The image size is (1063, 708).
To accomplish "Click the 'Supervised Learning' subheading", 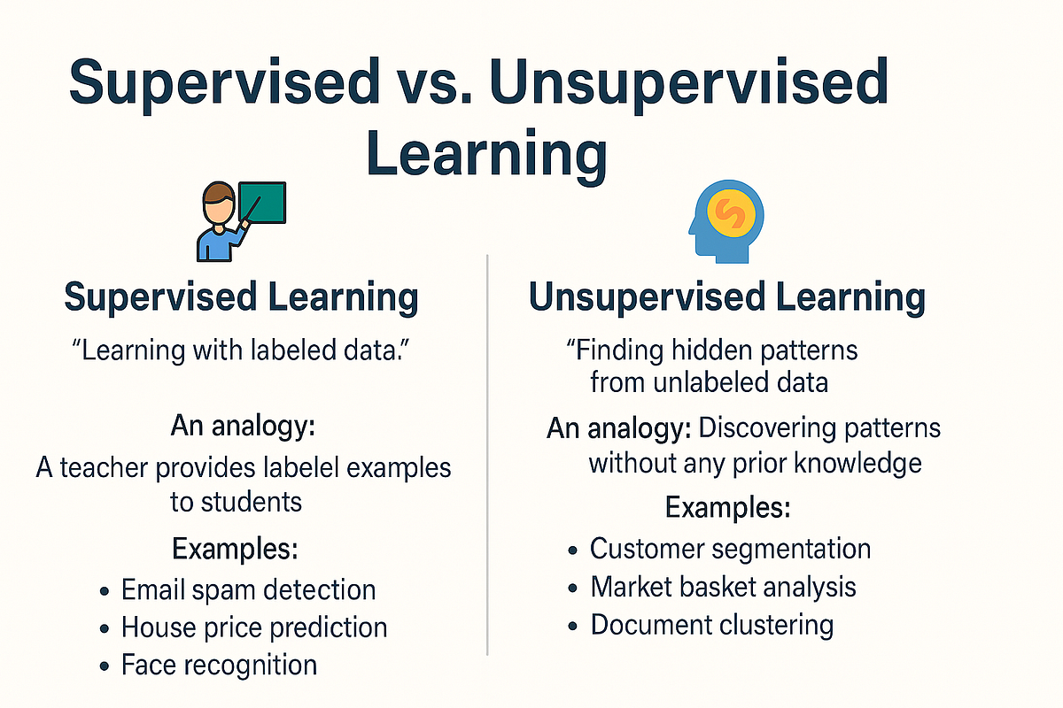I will [241, 298].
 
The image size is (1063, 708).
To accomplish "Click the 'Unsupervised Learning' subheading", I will [726, 298].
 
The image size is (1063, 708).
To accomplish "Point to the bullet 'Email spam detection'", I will [248, 589].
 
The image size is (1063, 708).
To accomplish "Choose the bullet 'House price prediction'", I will [254, 627].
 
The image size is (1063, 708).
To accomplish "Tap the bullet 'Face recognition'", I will [219, 665].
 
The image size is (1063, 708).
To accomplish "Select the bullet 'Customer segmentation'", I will [730, 549].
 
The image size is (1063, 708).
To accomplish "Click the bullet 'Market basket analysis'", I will [723, 587].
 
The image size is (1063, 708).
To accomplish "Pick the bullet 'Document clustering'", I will [711, 625].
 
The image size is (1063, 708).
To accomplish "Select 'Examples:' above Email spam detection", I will [235, 549].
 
